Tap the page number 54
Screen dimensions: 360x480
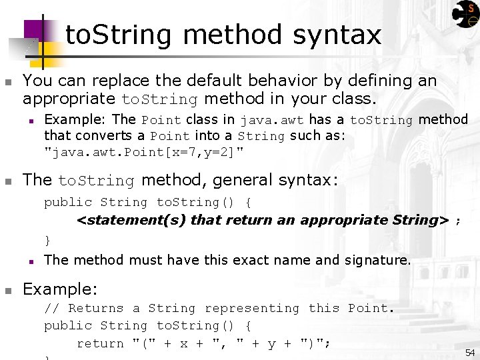click(469, 352)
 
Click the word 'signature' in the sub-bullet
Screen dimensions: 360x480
click(376, 260)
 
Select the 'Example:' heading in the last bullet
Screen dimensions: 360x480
click(60, 289)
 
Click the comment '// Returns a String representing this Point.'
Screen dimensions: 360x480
click(219, 308)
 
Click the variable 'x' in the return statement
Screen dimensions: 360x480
click(184, 343)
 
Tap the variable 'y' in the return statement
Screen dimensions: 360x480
click(271, 344)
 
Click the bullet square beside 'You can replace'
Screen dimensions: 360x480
click(8, 82)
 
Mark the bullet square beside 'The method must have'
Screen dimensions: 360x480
click(31, 261)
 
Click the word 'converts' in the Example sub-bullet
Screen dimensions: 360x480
click(107, 136)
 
